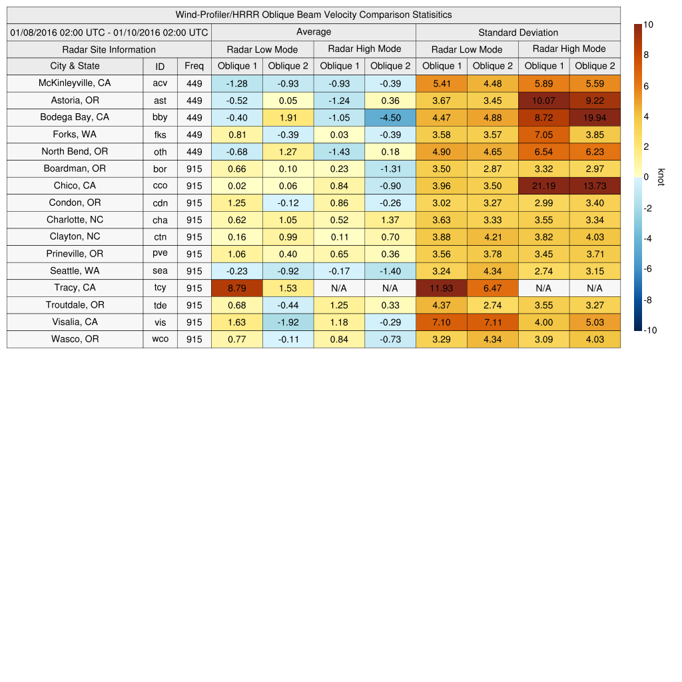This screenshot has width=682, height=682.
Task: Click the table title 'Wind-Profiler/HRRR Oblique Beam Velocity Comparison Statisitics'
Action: pos(314,15)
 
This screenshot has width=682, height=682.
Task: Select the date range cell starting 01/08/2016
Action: pos(109,32)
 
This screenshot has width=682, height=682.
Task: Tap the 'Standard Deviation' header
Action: pos(518,32)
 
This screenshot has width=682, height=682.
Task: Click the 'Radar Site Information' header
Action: pos(109,49)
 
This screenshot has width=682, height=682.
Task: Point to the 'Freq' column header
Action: pos(194,66)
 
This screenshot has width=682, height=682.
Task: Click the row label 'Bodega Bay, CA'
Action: pos(75,117)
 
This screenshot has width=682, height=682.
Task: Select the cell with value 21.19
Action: pos(543,186)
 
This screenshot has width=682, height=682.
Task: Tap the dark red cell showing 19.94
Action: pos(595,118)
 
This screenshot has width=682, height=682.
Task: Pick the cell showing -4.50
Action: pos(390,118)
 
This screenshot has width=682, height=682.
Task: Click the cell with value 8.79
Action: pos(237,288)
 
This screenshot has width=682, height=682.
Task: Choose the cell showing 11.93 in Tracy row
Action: pos(442,288)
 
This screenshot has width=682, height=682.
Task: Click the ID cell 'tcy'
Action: pos(160,288)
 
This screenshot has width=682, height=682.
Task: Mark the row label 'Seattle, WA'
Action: pos(75,271)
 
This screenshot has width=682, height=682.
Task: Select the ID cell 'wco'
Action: pos(160,340)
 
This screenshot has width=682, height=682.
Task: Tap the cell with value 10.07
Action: pos(543,101)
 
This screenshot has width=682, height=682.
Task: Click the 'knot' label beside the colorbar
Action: pos(661,177)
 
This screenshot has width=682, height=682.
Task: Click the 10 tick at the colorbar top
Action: pos(648,25)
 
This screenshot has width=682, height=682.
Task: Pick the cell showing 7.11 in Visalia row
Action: pos(493,322)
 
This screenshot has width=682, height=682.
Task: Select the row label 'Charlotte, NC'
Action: pos(75,220)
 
